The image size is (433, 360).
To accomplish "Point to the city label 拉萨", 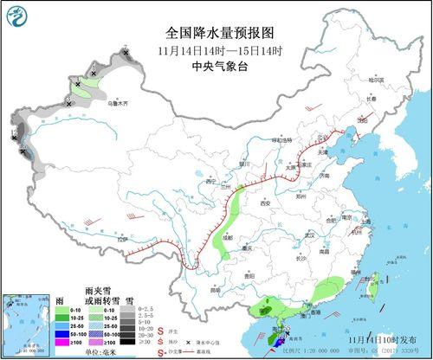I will tap(124, 239).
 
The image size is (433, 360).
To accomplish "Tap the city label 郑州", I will tap(301, 197).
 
